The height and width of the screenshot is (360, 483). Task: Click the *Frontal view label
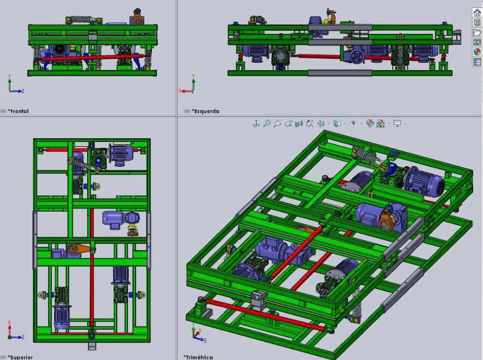tap(18, 111)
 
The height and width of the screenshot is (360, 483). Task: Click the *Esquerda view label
tap(206, 111)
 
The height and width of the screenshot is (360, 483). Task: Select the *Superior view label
tap(20, 357)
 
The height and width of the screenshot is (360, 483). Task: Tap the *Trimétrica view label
tap(198, 357)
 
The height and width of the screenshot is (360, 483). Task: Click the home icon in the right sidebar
tap(477, 12)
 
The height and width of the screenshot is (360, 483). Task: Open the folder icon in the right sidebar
tap(477, 32)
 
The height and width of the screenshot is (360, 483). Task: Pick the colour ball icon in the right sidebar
tap(477, 52)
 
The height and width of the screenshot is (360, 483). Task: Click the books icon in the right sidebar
tap(477, 22)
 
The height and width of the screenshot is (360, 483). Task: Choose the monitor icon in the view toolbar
tap(397, 124)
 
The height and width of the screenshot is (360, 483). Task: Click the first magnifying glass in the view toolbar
tap(267, 123)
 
